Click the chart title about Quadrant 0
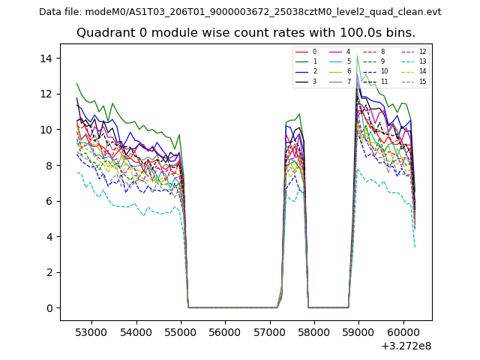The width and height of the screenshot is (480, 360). click(246, 33)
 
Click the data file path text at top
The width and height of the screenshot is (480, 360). click(240, 12)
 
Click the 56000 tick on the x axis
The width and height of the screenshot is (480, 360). click(224, 331)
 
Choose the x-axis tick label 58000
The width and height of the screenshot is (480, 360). click(313, 331)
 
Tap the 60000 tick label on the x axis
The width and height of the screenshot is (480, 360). click(402, 331)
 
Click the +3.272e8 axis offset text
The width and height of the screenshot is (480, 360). click(405, 346)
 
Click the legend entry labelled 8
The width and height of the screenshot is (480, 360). click(382, 52)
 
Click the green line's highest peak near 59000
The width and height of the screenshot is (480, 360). click(357, 55)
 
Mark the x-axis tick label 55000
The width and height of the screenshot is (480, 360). click(180, 331)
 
